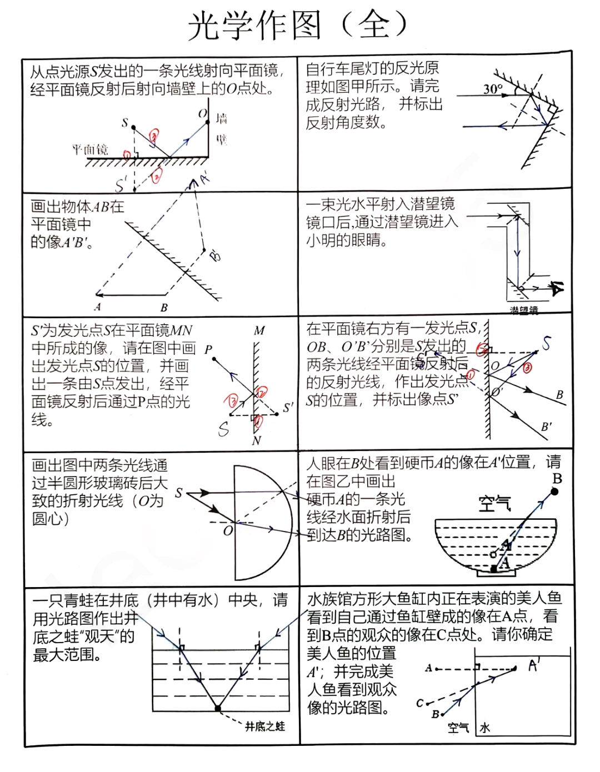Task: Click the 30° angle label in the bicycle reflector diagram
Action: [x=493, y=89]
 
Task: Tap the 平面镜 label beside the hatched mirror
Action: [x=90, y=149]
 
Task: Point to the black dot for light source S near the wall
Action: [x=133, y=128]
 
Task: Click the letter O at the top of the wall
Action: [x=203, y=114]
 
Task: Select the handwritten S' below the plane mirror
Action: [x=121, y=184]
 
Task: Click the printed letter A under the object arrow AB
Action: [x=98, y=307]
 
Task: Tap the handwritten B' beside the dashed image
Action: [x=215, y=255]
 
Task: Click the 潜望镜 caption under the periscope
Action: [x=524, y=310]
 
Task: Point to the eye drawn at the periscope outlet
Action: [x=557, y=288]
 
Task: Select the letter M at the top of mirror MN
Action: [x=259, y=331]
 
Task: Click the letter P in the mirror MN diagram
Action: [x=208, y=350]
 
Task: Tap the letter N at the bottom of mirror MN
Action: [x=256, y=441]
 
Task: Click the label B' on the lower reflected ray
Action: [x=547, y=427]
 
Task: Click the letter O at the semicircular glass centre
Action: [x=228, y=531]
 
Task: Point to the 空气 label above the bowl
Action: [x=494, y=504]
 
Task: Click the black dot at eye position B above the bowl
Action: [x=554, y=492]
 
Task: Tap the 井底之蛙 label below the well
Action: [x=265, y=726]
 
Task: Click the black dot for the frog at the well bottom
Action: [x=218, y=708]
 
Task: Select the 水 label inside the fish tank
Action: [x=485, y=728]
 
